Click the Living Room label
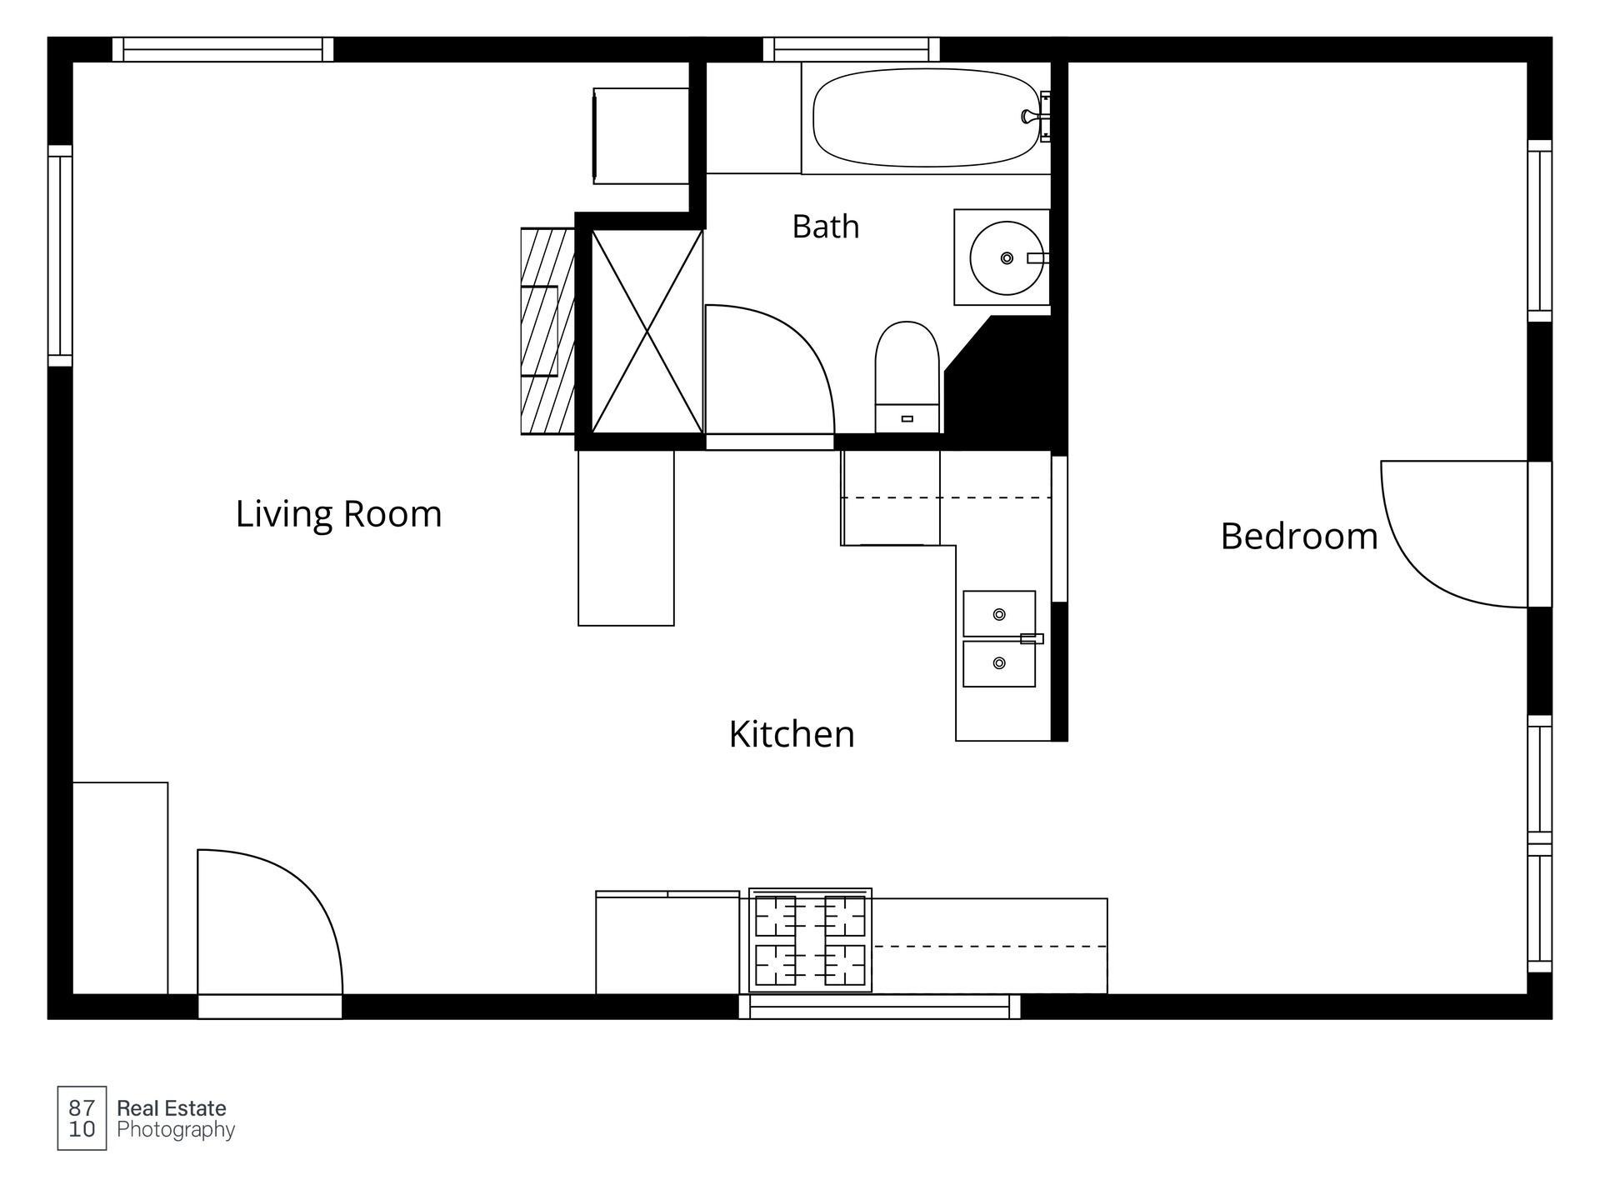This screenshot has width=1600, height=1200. click(338, 513)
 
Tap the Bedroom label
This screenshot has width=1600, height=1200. click(1299, 536)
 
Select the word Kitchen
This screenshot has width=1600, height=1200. click(792, 734)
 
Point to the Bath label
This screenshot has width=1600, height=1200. click(825, 226)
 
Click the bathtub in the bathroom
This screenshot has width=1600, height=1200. click(926, 117)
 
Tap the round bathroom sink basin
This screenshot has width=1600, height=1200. click(1007, 257)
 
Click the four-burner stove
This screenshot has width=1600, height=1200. click(810, 940)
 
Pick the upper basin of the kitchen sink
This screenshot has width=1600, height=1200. click(999, 614)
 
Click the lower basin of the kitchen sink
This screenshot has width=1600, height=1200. click(999, 663)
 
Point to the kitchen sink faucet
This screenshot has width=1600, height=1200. click(1032, 639)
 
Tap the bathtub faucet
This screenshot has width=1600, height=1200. click(1033, 117)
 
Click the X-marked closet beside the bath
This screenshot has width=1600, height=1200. click(647, 332)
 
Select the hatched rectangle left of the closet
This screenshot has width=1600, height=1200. click(547, 332)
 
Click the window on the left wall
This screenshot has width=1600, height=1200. click(60, 256)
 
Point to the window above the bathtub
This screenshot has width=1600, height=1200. click(852, 49)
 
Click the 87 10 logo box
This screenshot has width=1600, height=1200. click(82, 1118)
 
